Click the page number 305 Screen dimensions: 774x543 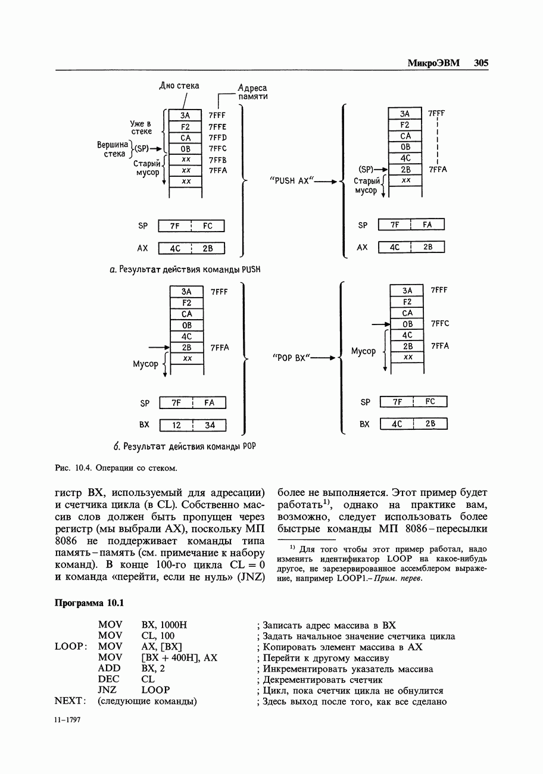coord(481,63)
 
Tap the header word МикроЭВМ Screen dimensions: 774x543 coord(433,63)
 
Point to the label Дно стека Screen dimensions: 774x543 coord(179,86)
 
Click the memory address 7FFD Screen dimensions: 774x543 coord(218,138)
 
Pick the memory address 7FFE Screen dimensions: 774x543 coord(218,127)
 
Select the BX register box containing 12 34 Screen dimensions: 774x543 coord(193,425)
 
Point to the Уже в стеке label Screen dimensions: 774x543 coord(141,127)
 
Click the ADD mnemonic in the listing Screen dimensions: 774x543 coord(110,669)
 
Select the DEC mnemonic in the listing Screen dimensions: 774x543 coord(109,679)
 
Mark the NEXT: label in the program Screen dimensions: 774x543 coord(71,701)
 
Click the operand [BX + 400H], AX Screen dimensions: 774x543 coord(180,658)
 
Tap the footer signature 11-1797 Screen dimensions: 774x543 coord(67,720)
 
